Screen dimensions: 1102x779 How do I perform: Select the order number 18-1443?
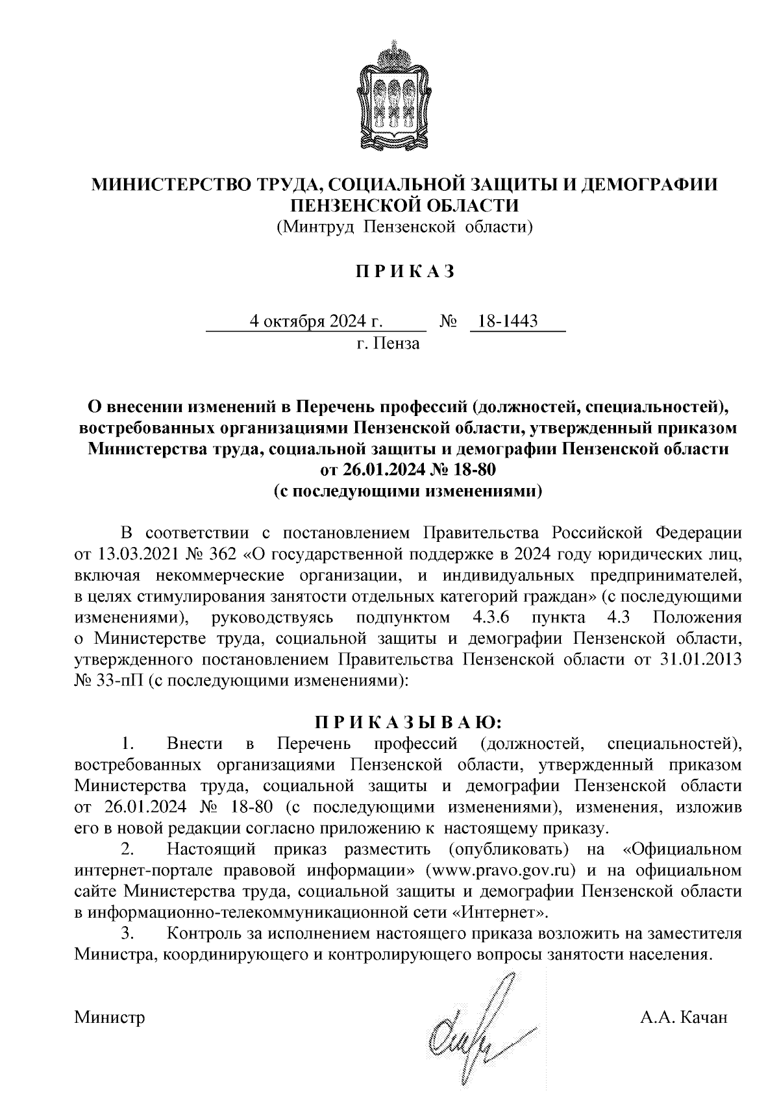[x=508, y=321]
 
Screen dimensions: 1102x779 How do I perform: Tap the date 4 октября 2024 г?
[x=315, y=321]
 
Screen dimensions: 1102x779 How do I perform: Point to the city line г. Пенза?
[x=388, y=343]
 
